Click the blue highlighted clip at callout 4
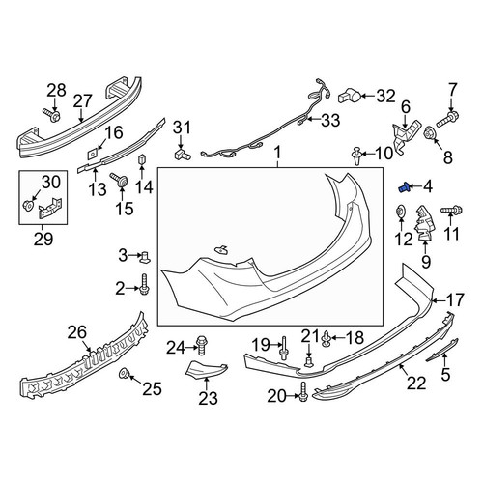pyautogui.click(x=404, y=187)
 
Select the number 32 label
pyautogui.click(x=385, y=96)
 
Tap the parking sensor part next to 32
pyautogui.click(x=350, y=96)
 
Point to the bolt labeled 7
pyautogui.click(x=447, y=119)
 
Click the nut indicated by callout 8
pyautogui.click(x=429, y=132)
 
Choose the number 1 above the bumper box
pyautogui.click(x=277, y=153)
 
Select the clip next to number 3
pyautogui.click(x=145, y=257)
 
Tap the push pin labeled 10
pyautogui.click(x=356, y=156)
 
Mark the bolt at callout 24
pyautogui.click(x=202, y=346)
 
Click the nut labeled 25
pyautogui.click(x=124, y=374)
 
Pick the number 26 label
pyautogui.click(x=77, y=333)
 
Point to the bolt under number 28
pyautogui.click(x=51, y=115)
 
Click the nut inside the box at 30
pyautogui.click(x=28, y=204)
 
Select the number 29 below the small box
pyautogui.click(x=43, y=239)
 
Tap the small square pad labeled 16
pyautogui.click(x=93, y=154)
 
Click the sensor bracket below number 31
pyautogui.click(x=183, y=154)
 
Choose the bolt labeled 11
pyautogui.click(x=451, y=211)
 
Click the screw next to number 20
pyautogui.click(x=303, y=392)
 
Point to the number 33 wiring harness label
pyautogui.click(x=330, y=120)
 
